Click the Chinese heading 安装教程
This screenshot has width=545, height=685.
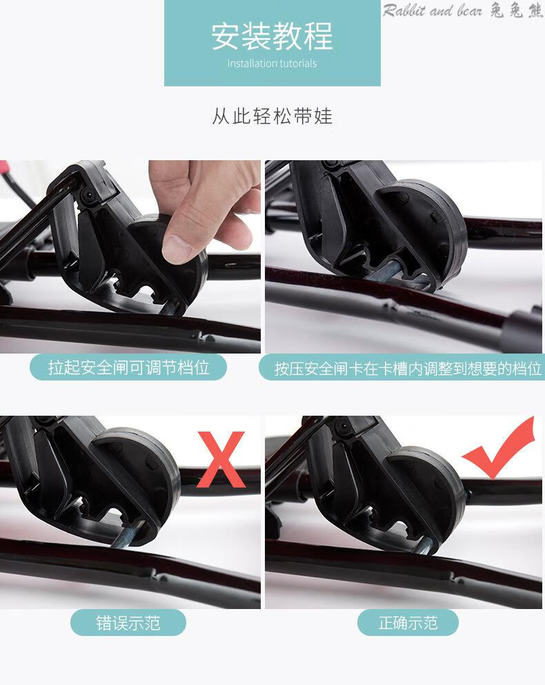click(272, 37)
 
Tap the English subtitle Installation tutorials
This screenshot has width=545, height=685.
click(272, 64)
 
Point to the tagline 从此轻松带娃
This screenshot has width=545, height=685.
click(272, 117)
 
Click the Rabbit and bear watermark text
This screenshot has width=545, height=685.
click(432, 10)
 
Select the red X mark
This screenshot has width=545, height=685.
click(221, 459)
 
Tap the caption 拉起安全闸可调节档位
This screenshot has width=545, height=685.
click(129, 367)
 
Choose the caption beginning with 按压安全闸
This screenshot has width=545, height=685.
click(408, 368)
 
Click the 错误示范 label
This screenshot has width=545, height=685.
click(128, 623)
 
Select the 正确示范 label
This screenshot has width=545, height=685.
click(408, 623)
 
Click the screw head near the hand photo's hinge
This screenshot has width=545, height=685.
click(89, 194)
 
